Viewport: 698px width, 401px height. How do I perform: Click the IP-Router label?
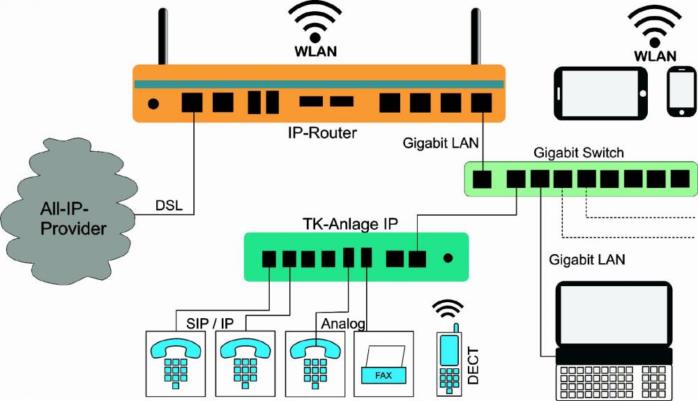[x=322, y=132]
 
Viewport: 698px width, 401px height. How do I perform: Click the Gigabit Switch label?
[x=578, y=152]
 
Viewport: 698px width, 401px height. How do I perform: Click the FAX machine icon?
[x=384, y=362]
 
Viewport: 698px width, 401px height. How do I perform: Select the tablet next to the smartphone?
[x=600, y=93]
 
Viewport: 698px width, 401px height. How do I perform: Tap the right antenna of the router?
[x=476, y=38]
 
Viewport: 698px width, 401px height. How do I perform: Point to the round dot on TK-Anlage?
[x=448, y=258]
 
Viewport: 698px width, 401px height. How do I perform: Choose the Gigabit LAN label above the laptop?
[x=587, y=260]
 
